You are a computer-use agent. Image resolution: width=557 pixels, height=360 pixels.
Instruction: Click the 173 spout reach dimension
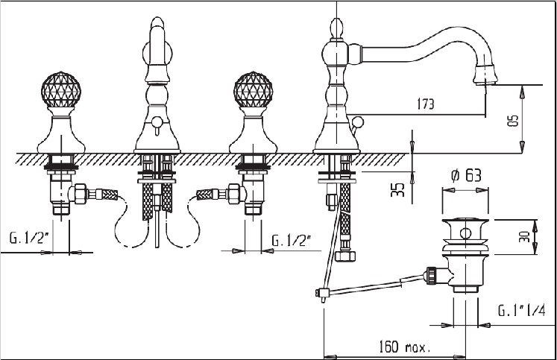425,104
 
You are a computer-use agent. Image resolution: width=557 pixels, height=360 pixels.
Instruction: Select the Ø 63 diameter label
467,176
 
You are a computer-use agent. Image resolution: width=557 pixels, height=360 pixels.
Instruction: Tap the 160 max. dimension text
405,346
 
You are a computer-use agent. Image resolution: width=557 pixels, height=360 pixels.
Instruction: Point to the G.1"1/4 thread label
521,311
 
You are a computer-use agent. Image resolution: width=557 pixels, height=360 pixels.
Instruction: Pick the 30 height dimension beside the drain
523,236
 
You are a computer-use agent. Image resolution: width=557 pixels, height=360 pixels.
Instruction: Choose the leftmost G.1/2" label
29,238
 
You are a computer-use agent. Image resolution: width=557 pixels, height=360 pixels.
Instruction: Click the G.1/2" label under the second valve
292,241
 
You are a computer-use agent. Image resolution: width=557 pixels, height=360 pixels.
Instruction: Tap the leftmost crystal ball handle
60,89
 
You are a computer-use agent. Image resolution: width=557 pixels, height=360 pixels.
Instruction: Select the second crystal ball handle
254,89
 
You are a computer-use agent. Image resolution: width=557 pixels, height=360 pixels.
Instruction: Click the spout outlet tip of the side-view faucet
485,83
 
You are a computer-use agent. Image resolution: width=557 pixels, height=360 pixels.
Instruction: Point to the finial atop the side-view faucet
336,28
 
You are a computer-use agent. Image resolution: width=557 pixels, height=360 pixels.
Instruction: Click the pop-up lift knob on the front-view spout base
157,121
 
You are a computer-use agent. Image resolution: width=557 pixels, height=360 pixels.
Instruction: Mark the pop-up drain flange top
465,222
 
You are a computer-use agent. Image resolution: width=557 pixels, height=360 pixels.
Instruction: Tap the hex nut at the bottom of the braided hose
346,256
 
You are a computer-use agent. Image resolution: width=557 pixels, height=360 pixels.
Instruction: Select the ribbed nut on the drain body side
431,275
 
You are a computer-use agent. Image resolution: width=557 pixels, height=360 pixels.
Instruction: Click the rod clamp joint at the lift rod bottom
322,293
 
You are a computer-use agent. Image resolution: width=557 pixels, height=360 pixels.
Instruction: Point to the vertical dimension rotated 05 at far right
513,120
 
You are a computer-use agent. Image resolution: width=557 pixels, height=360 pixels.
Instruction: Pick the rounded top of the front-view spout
157,24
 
